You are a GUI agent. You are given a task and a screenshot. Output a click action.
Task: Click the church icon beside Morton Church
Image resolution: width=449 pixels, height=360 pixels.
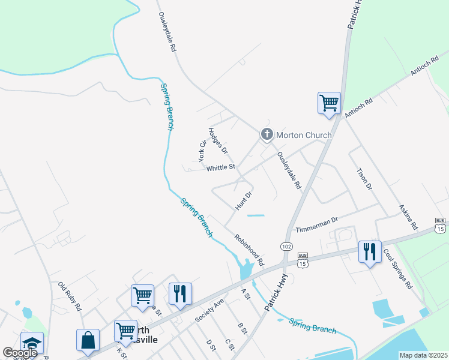(267, 135)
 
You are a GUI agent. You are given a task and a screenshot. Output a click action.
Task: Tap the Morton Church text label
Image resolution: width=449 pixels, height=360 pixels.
(304, 135)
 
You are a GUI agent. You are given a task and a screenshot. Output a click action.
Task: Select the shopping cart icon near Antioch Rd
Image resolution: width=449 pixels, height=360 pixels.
(329, 103)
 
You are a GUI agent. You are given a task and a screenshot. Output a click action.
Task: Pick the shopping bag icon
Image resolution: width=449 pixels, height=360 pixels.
(88, 340)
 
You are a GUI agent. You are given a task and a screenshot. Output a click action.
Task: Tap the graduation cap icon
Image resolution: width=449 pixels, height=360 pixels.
(32, 343)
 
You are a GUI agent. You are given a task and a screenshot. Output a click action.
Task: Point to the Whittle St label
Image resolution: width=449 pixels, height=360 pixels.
(221, 168)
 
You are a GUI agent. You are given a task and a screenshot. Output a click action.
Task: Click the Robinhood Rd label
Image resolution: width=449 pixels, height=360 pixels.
(249, 250)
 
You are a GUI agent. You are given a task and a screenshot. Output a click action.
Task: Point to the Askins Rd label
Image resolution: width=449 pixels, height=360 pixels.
(408, 217)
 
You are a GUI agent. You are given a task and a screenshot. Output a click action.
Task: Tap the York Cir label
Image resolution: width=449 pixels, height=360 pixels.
(202, 151)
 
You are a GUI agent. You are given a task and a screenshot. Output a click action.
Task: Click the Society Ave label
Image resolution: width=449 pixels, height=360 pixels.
(209, 310)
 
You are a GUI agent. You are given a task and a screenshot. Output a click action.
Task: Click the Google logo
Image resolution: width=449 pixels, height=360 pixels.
(20, 352)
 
